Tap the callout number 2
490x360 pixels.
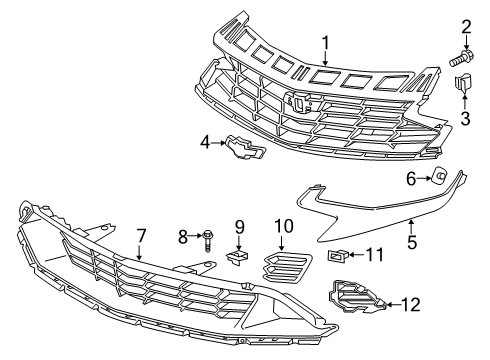pyautogui.click(x=465, y=25)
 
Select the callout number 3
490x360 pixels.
pyautogui.click(x=465, y=120)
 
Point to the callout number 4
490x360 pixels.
pyautogui.click(x=205, y=144)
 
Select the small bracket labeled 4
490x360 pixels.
pyautogui.click(x=241, y=147)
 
